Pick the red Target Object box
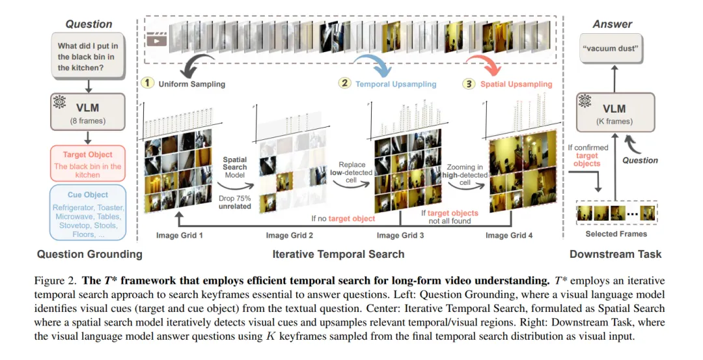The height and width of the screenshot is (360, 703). point(88,161)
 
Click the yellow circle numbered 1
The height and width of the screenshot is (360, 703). point(147,84)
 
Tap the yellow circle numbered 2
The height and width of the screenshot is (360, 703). point(344,84)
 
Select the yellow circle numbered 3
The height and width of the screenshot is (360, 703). point(469,84)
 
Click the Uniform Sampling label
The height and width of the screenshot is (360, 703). point(190,84)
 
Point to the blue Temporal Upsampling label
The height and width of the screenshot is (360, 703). point(396,84)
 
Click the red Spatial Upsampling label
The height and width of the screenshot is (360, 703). point(516,84)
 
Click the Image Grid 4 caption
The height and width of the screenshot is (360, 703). point(509,235)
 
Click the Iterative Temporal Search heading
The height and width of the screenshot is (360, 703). point(338,254)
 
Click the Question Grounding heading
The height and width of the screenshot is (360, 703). point(89,254)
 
